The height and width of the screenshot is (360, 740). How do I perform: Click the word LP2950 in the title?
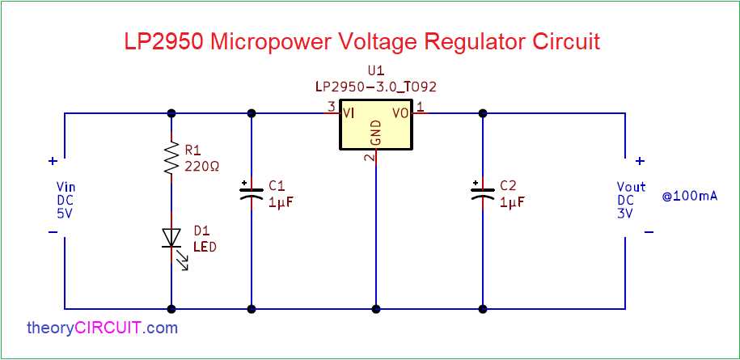pos(163,42)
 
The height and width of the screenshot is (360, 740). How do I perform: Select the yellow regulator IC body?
pos(375,125)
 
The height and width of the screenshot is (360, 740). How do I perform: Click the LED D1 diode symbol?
pos(171,237)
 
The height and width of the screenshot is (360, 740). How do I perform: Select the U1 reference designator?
pos(375,72)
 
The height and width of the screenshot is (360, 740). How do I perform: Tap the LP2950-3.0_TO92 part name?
pos(375,86)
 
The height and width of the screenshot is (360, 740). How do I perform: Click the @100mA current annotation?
pos(690,197)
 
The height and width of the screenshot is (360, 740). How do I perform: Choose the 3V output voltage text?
pos(625,213)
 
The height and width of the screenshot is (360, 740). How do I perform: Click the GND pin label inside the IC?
pos(375,133)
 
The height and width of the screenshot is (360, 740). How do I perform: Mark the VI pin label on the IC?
pos(349,113)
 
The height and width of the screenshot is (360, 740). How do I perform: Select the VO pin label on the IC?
pos(400,113)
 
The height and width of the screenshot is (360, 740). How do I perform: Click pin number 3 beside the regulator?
pos(330,107)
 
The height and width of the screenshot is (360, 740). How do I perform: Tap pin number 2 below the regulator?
pos(369,157)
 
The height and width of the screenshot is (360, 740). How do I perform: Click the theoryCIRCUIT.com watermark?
pos(102,328)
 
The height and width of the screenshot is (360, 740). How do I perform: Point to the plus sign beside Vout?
pos(639,161)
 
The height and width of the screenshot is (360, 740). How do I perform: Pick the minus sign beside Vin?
pos(53,231)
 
